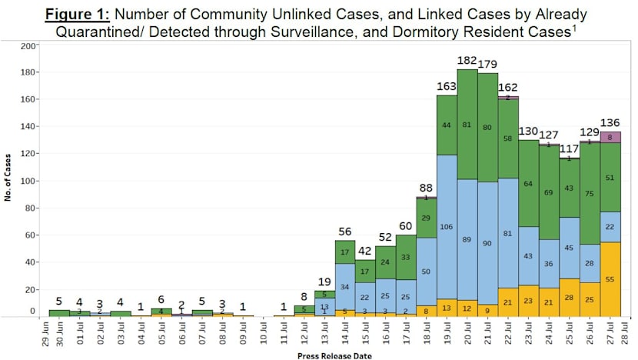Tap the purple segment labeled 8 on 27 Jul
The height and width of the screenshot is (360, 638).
coord(610,137)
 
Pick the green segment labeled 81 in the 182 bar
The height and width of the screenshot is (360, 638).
coord(467,125)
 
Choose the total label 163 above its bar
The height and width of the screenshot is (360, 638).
coord(447,86)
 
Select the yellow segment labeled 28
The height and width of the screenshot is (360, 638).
coord(570,298)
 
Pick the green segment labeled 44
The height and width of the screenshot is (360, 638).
coord(447,125)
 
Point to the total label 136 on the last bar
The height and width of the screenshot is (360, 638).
coord(610,122)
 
